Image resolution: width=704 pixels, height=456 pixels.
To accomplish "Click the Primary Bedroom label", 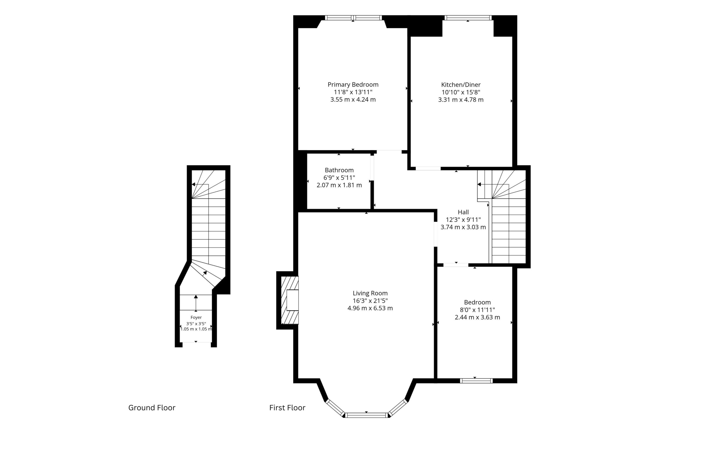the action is pyautogui.click(x=353, y=85).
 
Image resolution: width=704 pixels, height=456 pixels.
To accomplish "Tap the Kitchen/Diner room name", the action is pyautogui.click(x=461, y=85).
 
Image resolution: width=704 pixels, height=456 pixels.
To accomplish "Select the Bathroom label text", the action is pyautogui.click(x=339, y=170).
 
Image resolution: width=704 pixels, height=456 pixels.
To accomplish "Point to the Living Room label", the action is pyautogui.click(x=370, y=293).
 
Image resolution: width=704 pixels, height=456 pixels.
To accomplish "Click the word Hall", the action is pyautogui.click(x=463, y=212).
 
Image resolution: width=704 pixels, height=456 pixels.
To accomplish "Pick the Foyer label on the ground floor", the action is pyautogui.click(x=196, y=317).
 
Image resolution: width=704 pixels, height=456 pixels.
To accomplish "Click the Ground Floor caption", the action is pyautogui.click(x=152, y=408).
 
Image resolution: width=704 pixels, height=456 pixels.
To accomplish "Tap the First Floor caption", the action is pyautogui.click(x=287, y=408).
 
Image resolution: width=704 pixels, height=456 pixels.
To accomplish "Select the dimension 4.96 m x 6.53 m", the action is pyautogui.click(x=370, y=308).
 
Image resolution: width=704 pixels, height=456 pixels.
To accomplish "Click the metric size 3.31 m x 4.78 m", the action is pyautogui.click(x=461, y=100).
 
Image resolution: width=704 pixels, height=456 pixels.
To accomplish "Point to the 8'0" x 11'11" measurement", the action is pyautogui.click(x=477, y=310).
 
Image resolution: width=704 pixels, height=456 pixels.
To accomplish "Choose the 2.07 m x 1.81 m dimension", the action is pyautogui.click(x=339, y=185).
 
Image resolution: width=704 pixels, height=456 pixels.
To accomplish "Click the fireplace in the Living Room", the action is pyautogui.click(x=290, y=300).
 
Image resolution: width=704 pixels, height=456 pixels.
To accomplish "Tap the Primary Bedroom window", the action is pyautogui.click(x=353, y=18).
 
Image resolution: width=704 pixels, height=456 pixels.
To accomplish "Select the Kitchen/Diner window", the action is pyautogui.click(x=468, y=18).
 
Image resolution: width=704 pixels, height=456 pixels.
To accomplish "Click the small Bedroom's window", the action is pyautogui.click(x=476, y=381).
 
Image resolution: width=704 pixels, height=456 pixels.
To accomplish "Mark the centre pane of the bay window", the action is pyautogui.click(x=367, y=415).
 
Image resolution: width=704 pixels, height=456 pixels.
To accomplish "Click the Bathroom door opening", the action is pyautogui.click(x=372, y=167).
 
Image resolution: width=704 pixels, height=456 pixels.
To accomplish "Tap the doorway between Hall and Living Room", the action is pyautogui.click(x=435, y=234).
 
